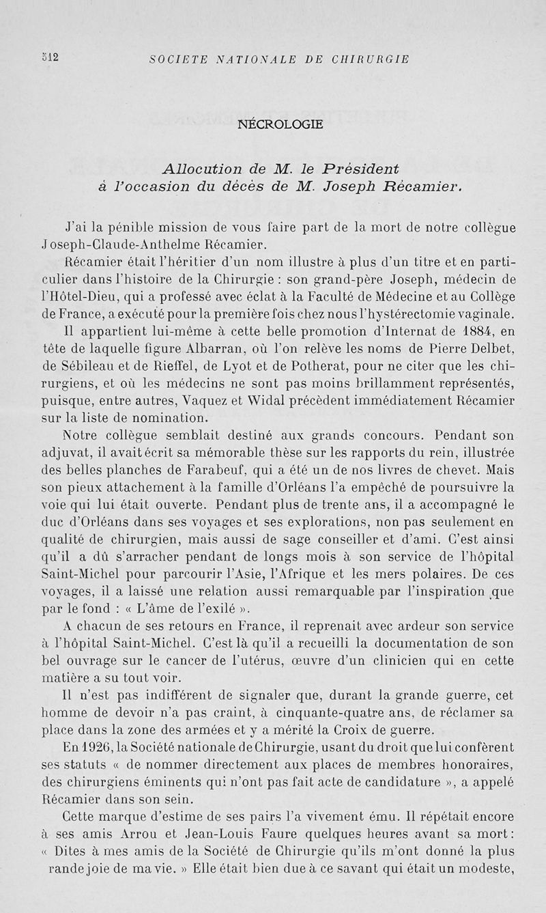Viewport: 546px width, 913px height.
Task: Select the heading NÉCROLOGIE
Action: point(281,125)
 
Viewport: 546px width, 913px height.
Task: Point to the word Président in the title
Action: point(362,168)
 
